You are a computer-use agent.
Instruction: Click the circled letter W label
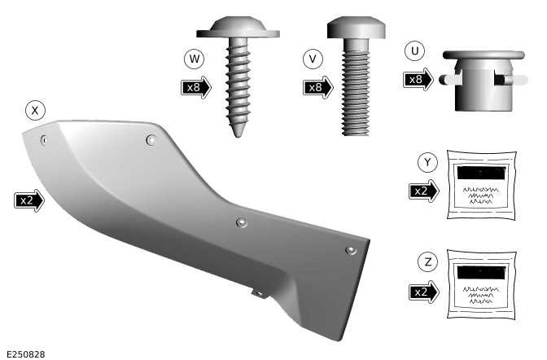[x=193, y=59]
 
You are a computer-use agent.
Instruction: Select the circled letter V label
[x=311, y=59]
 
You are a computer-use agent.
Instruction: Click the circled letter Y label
[x=427, y=162]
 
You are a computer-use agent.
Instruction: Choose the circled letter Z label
[x=427, y=262]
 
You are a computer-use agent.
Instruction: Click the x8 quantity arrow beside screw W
[x=196, y=86]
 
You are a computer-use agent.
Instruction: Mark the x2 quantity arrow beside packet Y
[x=425, y=191]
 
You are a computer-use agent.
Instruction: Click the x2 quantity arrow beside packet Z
[x=425, y=291]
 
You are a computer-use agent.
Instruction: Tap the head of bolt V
[x=350, y=30]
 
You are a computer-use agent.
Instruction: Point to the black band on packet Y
[x=483, y=173]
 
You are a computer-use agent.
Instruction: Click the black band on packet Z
[x=483, y=273]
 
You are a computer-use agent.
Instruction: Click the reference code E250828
[x=24, y=353]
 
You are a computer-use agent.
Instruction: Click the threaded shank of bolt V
[x=350, y=90]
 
